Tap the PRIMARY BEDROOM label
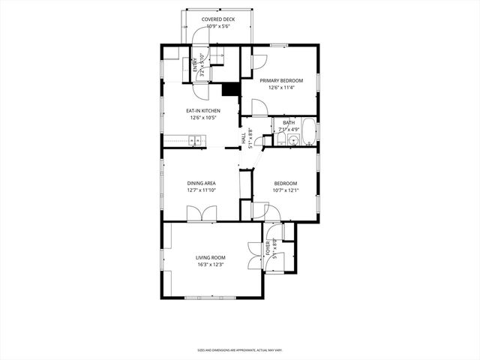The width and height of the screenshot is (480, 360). [x=281, y=80]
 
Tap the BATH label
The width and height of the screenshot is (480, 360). [x=289, y=122]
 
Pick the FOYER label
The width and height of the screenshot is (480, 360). [x=268, y=248]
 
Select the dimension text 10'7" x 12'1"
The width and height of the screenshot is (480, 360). [x=286, y=190]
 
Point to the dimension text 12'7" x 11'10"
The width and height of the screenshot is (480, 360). [x=201, y=190]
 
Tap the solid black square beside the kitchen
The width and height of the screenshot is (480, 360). [x=230, y=88]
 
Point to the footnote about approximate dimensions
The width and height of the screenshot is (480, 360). [x=239, y=350]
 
